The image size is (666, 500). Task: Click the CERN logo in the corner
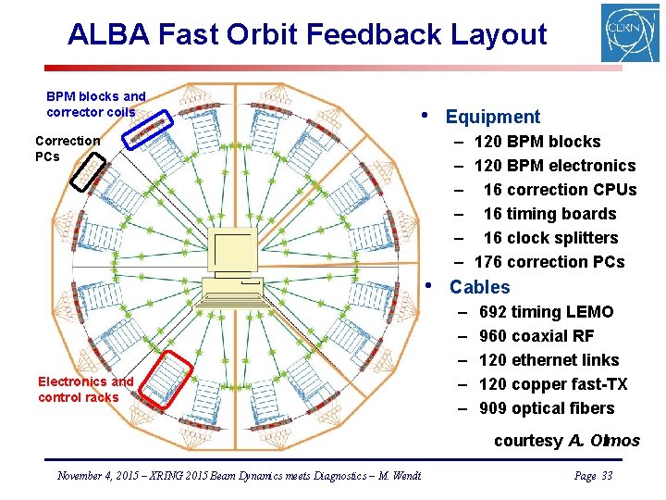[630, 33]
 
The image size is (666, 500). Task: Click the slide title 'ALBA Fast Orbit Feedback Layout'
[307, 35]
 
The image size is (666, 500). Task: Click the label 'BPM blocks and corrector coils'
[95, 104]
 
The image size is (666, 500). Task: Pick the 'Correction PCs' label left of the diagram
[67, 148]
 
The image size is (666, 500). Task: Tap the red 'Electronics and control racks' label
[85, 389]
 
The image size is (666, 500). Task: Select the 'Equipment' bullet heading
[492, 117]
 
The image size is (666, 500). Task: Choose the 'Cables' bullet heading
[479, 287]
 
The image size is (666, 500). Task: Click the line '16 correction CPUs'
[559, 190]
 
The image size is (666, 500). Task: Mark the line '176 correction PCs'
[549, 262]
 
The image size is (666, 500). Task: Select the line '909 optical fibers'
[546, 408]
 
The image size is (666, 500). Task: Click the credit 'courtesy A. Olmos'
[566, 441]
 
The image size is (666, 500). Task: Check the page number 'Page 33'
[593, 476]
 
